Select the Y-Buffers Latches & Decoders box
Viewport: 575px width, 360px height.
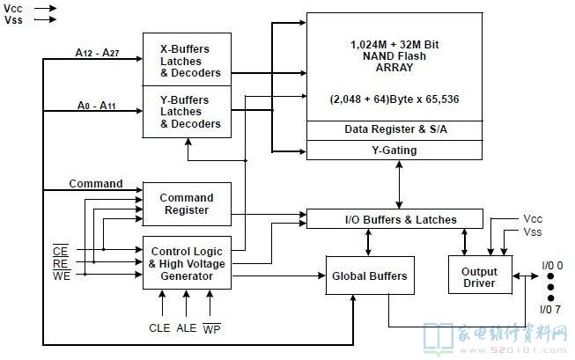pos(188,111)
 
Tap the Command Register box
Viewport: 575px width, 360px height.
pos(187,204)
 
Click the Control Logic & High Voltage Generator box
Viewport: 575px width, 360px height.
pos(187,263)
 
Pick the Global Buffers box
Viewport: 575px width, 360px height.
pos(370,276)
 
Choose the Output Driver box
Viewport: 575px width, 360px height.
pos(479,277)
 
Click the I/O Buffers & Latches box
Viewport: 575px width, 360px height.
pos(394,219)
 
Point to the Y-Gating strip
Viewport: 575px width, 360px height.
pos(394,150)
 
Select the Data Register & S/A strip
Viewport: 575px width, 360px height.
pos(394,129)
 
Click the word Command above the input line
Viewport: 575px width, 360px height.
pos(96,184)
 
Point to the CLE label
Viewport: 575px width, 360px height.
pos(159,327)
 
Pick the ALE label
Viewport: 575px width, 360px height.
pos(187,327)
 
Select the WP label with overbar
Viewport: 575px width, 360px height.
pos(213,327)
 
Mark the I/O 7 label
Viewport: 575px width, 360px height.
pos(549,309)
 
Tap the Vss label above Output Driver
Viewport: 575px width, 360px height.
pos(532,232)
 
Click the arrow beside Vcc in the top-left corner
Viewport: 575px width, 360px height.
pos(46,8)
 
